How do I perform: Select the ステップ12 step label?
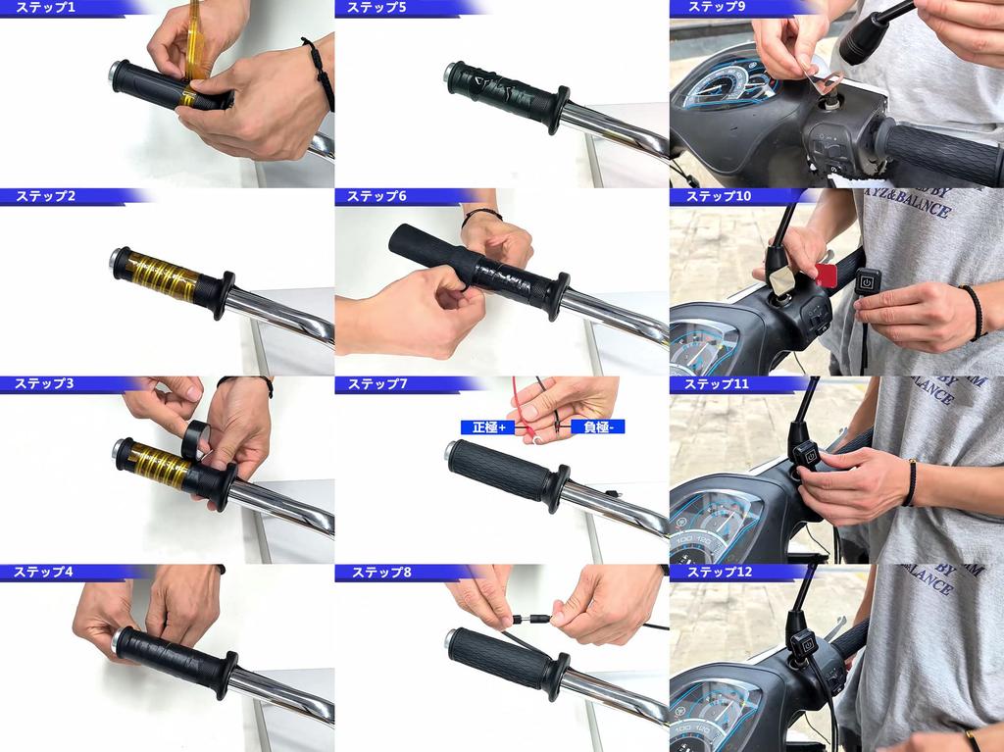(x=719, y=572)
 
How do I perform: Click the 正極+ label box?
(x=488, y=427)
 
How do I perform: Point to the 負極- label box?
(x=597, y=427)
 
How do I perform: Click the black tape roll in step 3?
(x=195, y=440)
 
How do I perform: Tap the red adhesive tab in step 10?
(x=826, y=276)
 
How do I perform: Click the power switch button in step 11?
(x=805, y=454)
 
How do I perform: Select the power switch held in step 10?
(x=867, y=282)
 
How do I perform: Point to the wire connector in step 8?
(x=533, y=619)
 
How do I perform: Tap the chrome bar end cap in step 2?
(x=119, y=260)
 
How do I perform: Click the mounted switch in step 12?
(x=804, y=644)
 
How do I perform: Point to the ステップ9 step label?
(x=717, y=8)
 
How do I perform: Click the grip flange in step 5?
(x=560, y=110)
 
